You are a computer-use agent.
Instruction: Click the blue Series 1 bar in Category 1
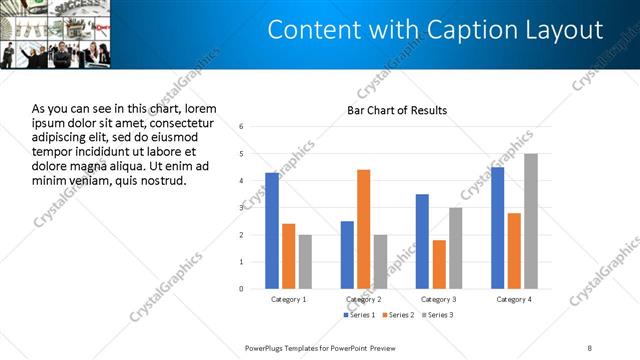(272, 231)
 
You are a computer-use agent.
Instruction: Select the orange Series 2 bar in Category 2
(363, 229)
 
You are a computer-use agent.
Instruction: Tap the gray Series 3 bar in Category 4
(530, 221)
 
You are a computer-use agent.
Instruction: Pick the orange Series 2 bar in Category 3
(439, 264)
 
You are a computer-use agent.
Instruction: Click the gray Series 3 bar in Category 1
(305, 262)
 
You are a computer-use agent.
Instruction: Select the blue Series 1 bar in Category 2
(347, 255)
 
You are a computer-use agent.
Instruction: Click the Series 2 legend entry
(397, 315)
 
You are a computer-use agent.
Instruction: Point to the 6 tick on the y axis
(241, 127)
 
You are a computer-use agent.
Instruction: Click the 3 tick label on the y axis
(241, 208)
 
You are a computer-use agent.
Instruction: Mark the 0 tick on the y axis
(241, 289)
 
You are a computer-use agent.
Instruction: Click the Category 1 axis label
(289, 299)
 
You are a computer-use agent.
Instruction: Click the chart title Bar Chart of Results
(397, 110)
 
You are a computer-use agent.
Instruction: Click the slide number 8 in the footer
(589, 347)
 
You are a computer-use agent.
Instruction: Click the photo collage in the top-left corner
(56, 35)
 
